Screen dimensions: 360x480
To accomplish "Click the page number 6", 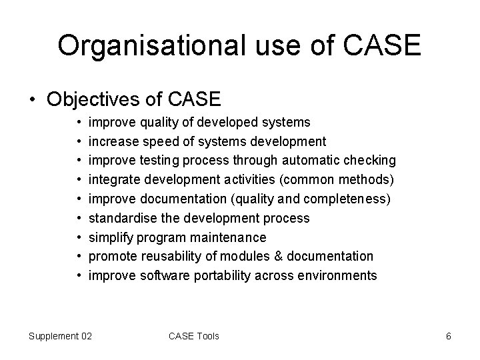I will (x=449, y=336).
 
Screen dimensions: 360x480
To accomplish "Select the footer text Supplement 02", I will (x=60, y=336).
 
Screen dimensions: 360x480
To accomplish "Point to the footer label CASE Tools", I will (x=194, y=336).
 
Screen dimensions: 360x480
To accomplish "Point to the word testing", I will (x=159, y=161).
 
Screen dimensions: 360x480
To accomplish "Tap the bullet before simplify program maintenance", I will (x=78, y=237).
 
